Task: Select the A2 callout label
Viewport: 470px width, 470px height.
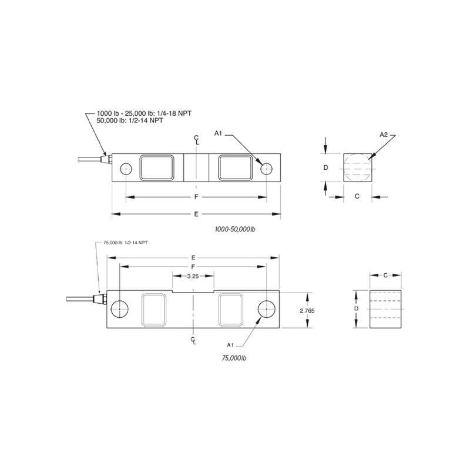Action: pos(384,135)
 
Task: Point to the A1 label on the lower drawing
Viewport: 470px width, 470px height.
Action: pos(231,343)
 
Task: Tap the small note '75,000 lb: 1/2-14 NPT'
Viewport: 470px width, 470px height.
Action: pos(125,242)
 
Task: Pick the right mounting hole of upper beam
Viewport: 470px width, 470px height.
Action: pos(266,169)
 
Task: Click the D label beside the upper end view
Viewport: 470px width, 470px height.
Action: pos(325,167)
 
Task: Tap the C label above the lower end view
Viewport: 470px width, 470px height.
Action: pos(385,275)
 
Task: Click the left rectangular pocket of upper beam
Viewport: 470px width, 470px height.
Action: pos(156,168)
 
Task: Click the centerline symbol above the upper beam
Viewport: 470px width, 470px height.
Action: pos(196,140)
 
